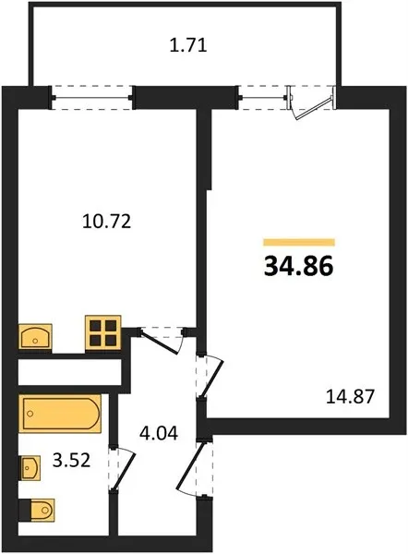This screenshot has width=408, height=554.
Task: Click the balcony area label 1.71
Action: click(x=188, y=45)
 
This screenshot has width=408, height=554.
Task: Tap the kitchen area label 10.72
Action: click(x=107, y=222)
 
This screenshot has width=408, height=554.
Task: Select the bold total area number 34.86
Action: click(x=298, y=266)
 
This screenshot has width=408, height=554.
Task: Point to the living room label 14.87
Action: click(x=350, y=396)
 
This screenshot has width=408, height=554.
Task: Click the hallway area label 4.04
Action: click(x=159, y=433)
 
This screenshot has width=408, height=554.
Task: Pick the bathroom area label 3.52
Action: click(x=71, y=461)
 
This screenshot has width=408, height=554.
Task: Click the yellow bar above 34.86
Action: click(x=299, y=242)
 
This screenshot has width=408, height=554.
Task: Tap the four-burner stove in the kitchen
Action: click(x=103, y=332)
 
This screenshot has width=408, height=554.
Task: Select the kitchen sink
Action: click(x=35, y=337)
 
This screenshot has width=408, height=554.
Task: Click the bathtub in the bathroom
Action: click(x=60, y=413)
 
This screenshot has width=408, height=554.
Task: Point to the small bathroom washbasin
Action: click(x=30, y=468)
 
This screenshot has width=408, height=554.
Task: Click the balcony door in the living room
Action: click(x=311, y=103)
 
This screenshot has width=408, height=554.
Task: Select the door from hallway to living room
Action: click(x=210, y=377)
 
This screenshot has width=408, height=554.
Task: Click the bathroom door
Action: click(x=122, y=469)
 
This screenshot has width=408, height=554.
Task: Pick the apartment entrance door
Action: click(x=195, y=468)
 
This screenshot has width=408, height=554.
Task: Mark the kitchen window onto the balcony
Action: click(x=92, y=98)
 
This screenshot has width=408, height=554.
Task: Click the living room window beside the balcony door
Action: click(x=262, y=98)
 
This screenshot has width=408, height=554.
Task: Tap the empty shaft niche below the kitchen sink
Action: click(x=69, y=372)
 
